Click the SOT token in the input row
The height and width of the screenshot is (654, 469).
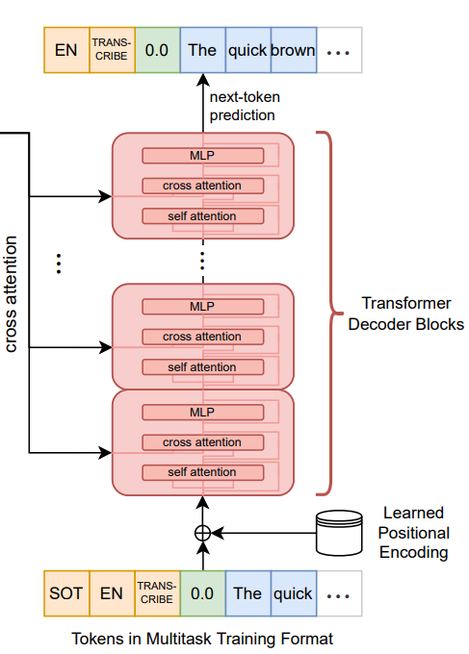pyautogui.click(x=66, y=593)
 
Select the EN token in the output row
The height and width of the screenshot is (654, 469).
pyautogui.click(x=66, y=50)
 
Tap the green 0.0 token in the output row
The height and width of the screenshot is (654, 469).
pyautogui.click(x=157, y=50)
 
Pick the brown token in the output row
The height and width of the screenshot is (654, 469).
pyautogui.click(x=294, y=50)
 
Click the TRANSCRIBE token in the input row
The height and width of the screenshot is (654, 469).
pyautogui.click(x=157, y=593)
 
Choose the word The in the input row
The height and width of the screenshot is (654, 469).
pyautogui.click(x=248, y=593)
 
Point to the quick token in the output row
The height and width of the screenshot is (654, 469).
pyautogui.click(x=248, y=50)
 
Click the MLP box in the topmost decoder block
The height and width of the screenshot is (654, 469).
pyautogui.click(x=203, y=156)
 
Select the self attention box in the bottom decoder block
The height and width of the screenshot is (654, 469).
pyautogui.click(x=203, y=472)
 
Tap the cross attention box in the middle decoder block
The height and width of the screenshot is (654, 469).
pyautogui.click(x=203, y=337)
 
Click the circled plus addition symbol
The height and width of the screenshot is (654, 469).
pyautogui.click(x=203, y=533)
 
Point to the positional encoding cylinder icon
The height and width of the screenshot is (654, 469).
pyautogui.click(x=339, y=533)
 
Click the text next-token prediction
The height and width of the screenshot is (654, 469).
pyautogui.click(x=245, y=106)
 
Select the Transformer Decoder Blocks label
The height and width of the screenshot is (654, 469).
pyautogui.click(x=406, y=314)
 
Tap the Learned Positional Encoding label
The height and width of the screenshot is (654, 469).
pyautogui.click(x=413, y=533)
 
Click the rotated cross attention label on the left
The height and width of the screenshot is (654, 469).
pyautogui.click(x=11, y=294)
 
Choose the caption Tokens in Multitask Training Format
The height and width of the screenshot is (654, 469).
pyautogui.click(x=202, y=639)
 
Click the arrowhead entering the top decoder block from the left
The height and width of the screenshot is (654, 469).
pyautogui.click(x=105, y=196)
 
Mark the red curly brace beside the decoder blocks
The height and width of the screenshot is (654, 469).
pyautogui.click(x=329, y=314)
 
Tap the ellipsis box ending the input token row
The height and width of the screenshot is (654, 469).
pyautogui.click(x=339, y=593)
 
